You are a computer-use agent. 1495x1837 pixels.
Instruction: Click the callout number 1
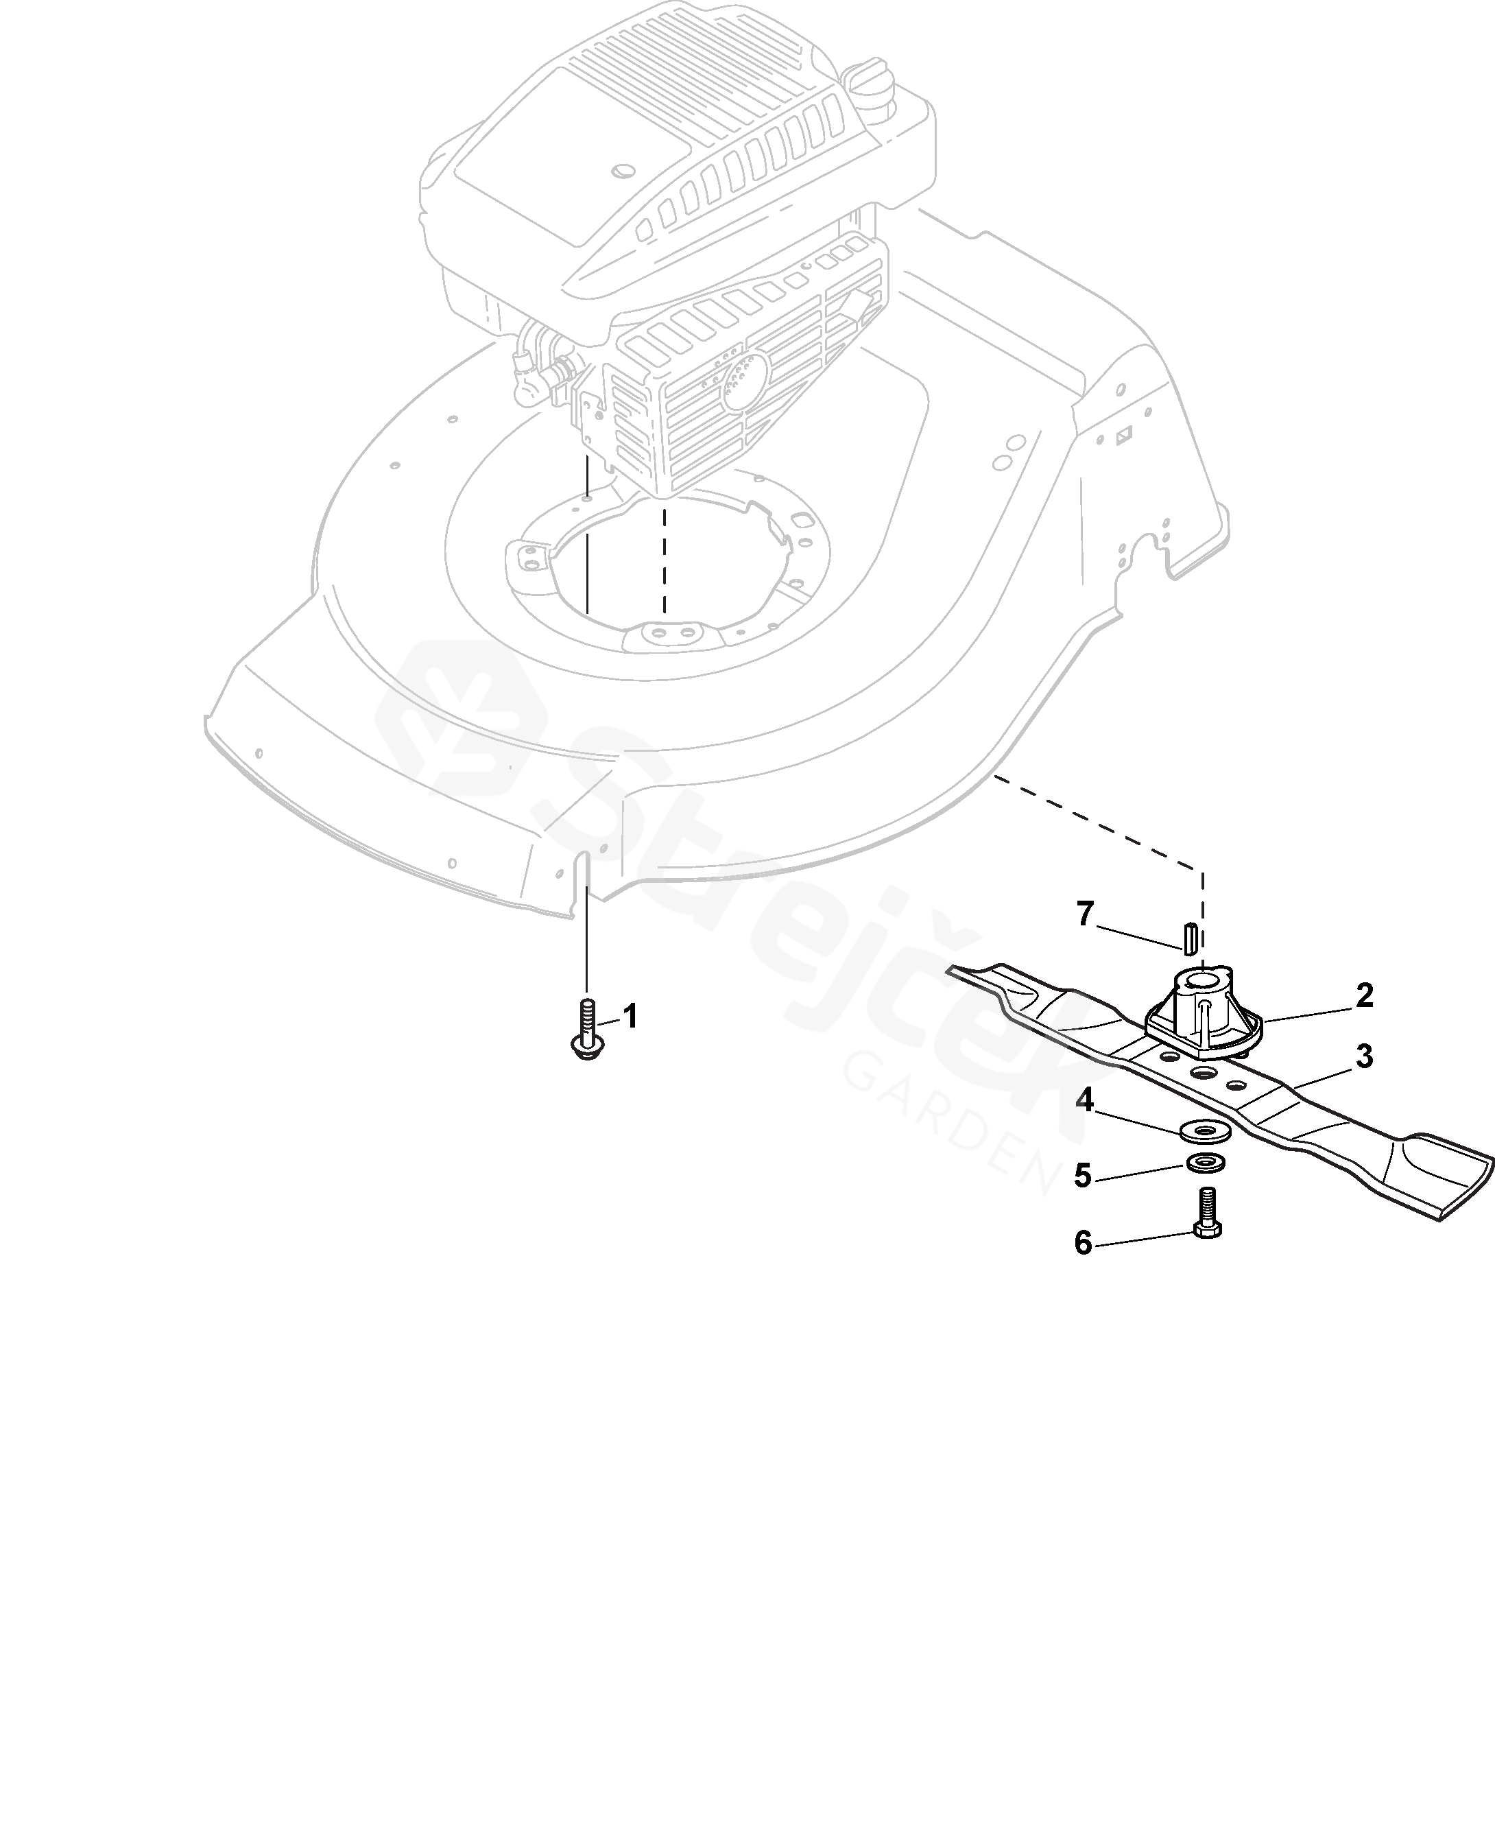click(x=630, y=1017)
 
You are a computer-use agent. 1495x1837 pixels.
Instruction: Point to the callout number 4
click(x=1084, y=1100)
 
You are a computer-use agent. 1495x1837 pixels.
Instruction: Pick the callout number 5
click(x=1084, y=1176)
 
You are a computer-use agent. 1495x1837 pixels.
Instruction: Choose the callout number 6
click(x=1084, y=1243)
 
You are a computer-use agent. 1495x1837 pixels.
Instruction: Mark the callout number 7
click(x=1085, y=914)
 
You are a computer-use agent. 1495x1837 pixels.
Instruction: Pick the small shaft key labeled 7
click(x=1189, y=937)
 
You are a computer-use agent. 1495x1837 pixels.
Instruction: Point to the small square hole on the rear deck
click(x=1123, y=438)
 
